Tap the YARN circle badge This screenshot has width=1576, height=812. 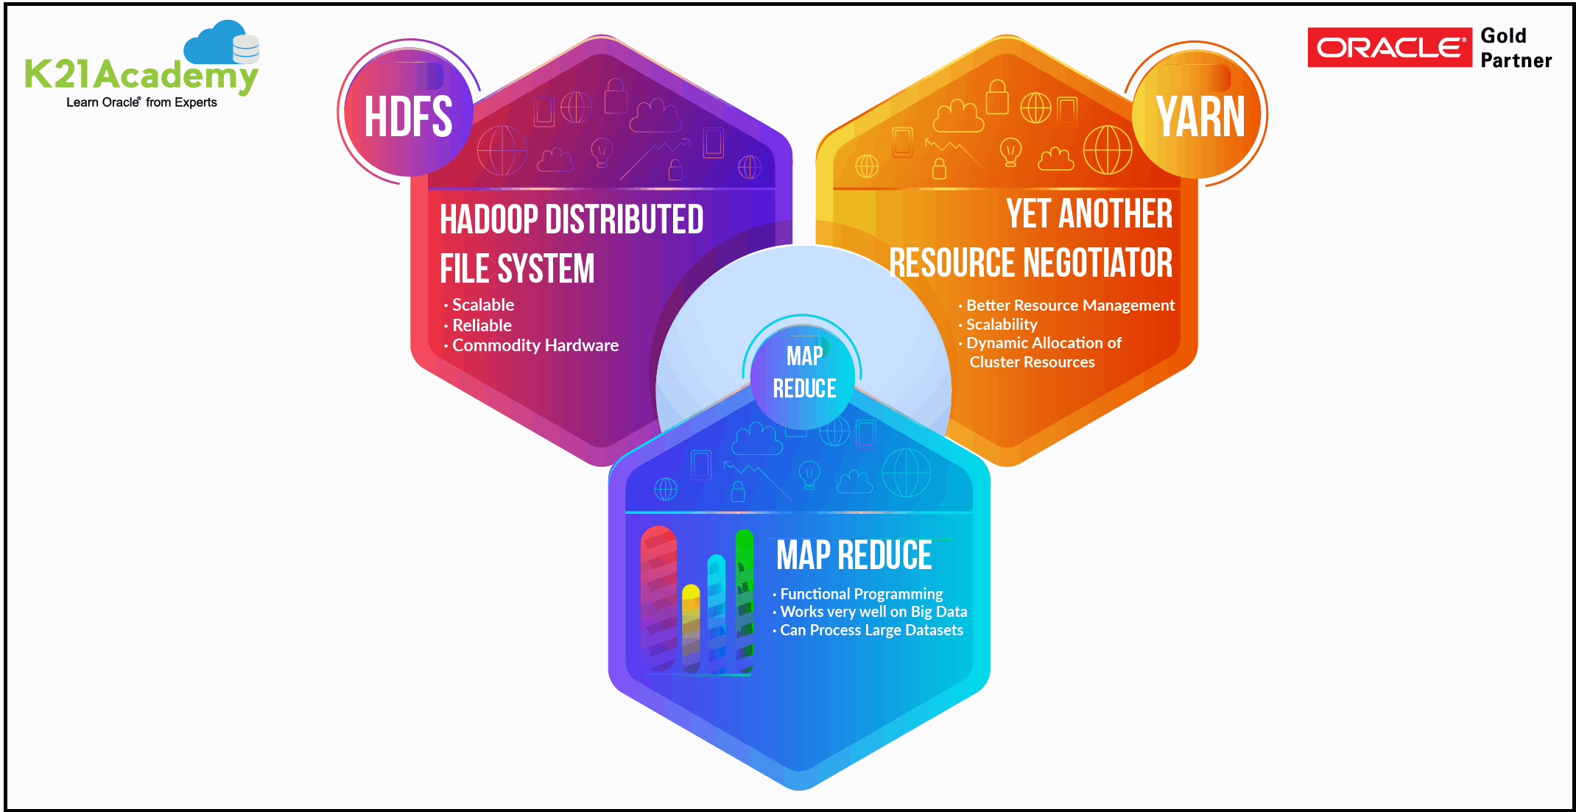[x=1197, y=114]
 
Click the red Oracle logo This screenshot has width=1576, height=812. [x=1389, y=47]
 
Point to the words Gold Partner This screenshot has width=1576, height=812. [x=1516, y=48]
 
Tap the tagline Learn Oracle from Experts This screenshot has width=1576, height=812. [x=141, y=102]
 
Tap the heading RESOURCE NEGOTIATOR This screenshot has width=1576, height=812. [x=1030, y=263]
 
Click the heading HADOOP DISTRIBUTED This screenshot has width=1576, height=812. [x=571, y=219]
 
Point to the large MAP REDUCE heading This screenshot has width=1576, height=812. [x=854, y=555]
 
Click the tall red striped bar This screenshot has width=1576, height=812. [x=658, y=598]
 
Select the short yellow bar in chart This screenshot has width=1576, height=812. [x=691, y=628]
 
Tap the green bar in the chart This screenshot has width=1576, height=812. [x=745, y=601]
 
